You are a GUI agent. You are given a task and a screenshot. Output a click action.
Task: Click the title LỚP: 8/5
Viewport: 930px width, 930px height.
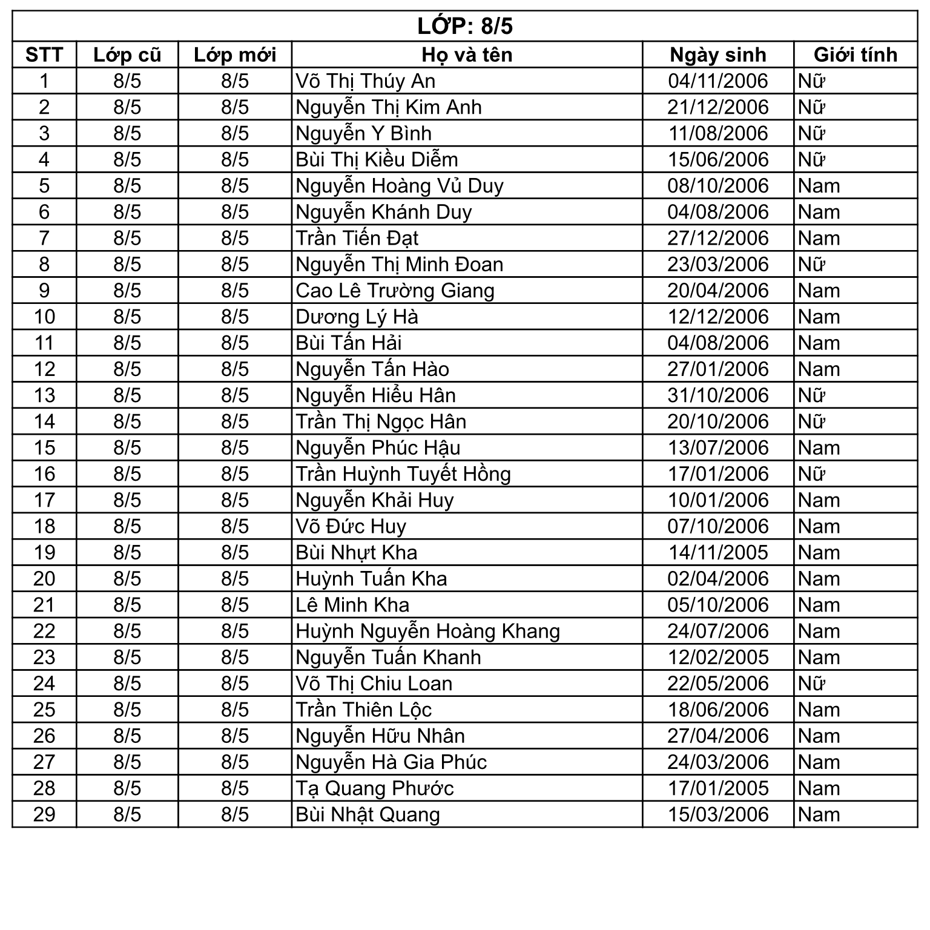coord(465,26)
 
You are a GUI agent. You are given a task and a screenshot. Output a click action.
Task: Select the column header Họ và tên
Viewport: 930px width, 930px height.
coord(467,55)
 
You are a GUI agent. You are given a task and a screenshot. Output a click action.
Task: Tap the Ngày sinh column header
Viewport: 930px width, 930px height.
coord(718,55)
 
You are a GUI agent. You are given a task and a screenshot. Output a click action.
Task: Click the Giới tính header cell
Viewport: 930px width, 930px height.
coord(855,55)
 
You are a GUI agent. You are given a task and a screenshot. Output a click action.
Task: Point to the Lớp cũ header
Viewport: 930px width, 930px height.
coord(127,55)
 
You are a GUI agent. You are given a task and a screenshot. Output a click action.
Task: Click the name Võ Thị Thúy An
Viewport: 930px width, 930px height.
coord(365,81)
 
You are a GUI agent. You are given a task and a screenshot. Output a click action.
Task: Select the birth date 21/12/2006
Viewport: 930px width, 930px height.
coord(718,107)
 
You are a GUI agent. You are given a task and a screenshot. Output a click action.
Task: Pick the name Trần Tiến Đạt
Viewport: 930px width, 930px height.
coord(357,239)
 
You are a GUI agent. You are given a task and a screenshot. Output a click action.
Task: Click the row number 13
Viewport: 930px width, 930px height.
coord(44,395)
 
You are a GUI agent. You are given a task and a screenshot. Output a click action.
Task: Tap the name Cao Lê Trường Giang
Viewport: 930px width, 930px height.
coord(395,291)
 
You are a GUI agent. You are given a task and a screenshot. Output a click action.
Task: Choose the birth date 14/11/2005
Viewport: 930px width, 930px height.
coord(718,553)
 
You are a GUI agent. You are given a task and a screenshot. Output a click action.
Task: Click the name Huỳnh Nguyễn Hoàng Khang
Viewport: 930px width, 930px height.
coord(427,632)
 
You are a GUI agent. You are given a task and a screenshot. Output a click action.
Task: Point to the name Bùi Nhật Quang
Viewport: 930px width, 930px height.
coord(368,815)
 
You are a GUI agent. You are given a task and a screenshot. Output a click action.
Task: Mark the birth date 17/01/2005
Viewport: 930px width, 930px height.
coord(718,788)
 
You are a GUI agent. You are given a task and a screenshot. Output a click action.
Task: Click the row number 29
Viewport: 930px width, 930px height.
coord(44,815)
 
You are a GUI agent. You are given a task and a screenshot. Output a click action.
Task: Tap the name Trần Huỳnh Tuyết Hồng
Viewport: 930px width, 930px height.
coord(403,474)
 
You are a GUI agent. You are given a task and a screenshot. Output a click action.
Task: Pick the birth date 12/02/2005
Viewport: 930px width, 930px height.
coord(718,658)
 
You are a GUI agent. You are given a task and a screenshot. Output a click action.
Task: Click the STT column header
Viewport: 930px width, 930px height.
coord(44,55)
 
